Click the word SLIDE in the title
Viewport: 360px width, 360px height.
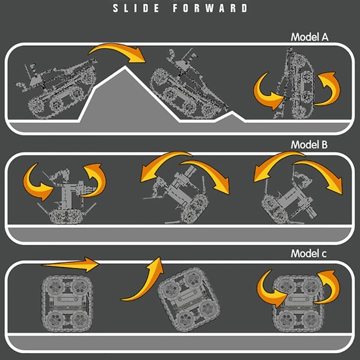136,8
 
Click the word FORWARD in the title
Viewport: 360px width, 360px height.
210,8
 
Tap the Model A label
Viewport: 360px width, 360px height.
310,37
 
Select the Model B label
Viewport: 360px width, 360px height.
309,144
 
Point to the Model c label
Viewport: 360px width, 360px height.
308,253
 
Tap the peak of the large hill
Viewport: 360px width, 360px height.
125,67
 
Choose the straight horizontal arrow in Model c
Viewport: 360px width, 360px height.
70,265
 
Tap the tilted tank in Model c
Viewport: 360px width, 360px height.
189,300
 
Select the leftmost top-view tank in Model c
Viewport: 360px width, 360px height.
67,303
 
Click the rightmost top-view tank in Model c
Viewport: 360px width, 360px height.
298,303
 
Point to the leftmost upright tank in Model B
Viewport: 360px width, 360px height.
67,196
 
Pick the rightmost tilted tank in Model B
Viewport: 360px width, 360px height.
290,198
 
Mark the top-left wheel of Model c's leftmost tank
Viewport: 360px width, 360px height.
54,286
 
